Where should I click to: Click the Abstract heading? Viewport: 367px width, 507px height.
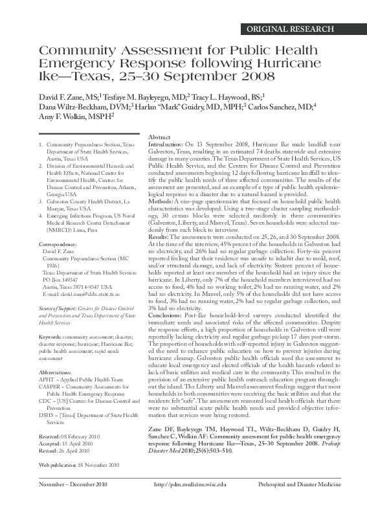click(x=159, y=139)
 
